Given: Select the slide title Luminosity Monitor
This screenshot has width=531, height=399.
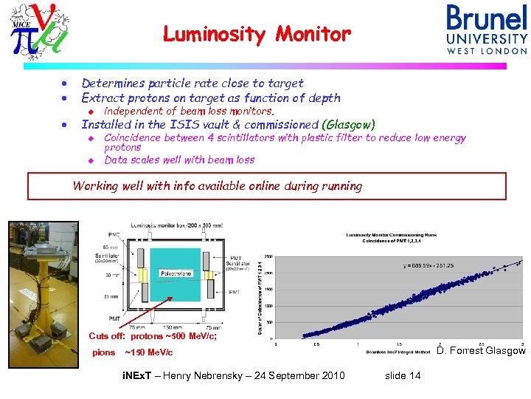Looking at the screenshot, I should pos(257,34).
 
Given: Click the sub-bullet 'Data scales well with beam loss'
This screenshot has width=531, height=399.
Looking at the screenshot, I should pos(179,160).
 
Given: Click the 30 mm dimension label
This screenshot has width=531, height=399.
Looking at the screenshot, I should pos(112,275).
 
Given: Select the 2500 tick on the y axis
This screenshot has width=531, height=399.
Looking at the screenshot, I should pos(268,257).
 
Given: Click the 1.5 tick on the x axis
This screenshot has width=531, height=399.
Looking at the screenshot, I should pos(399,343).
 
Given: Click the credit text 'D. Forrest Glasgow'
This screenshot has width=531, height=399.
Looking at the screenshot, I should pos(481,350).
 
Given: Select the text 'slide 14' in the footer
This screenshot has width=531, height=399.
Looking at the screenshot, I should pos(403,375).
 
